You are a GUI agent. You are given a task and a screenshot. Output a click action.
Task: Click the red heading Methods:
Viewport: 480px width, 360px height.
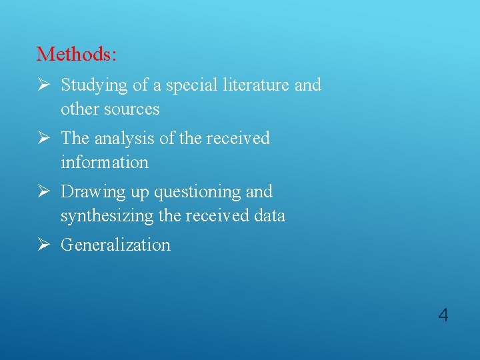(x=77, y=53)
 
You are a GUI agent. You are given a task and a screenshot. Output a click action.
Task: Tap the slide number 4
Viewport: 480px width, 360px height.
(x=443, y=315)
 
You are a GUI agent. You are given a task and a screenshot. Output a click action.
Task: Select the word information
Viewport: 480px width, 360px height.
(x=104, y=162)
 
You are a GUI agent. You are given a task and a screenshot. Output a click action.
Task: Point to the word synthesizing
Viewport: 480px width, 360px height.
(x=109, y=215)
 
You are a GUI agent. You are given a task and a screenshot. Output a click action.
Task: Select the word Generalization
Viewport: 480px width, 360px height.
(x=115, y=245)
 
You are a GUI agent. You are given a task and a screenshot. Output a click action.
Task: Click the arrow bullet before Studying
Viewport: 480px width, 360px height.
(x=43, y=85)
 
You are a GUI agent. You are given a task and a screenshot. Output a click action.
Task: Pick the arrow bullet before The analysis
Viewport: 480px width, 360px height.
(x=43, y=138)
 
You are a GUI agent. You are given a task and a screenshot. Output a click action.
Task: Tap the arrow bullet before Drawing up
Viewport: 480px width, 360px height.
(x=43, y=191)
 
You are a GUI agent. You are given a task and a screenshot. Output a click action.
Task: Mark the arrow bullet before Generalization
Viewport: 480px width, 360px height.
(x=43, y=245)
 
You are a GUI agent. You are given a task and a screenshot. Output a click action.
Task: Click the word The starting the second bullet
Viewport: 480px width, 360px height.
(x=75, y=139)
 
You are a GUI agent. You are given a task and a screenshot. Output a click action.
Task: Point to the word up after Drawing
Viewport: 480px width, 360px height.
(x=139, y=193)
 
